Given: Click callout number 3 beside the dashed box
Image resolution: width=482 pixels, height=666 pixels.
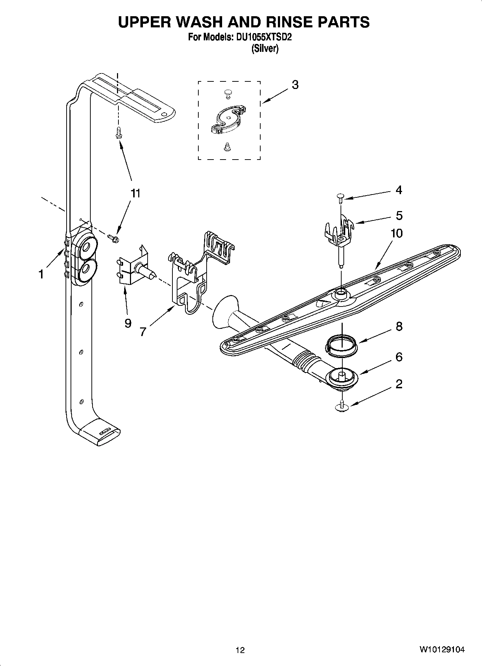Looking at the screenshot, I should (295, 85).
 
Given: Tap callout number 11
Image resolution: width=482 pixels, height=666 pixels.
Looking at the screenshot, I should (135, 193).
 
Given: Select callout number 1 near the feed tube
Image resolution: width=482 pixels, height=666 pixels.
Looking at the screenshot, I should (41, 274).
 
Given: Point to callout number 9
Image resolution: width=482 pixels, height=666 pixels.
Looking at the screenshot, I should (128, 323).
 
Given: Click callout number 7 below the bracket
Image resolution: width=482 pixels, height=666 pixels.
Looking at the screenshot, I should (143, 331).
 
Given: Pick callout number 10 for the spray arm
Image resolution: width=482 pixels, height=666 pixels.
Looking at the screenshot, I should (396, 233).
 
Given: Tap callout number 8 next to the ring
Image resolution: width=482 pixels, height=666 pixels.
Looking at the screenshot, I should (399, 327).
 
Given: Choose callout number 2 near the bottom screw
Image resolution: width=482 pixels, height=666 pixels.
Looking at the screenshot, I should (399, 384).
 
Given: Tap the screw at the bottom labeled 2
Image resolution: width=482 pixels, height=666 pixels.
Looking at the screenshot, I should (342, 405).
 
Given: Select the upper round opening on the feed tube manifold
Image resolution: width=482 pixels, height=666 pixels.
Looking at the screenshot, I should (86, 247).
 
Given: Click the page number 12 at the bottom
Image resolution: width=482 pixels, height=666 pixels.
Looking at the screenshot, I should (240, 650).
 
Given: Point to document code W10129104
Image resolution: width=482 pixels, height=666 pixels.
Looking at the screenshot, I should (442, 650).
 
